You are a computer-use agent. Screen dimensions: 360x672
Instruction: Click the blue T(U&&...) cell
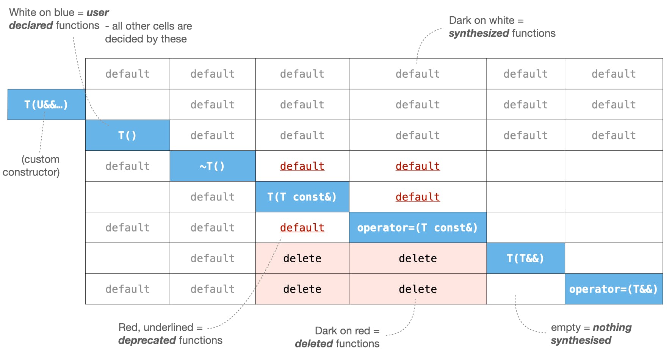46,105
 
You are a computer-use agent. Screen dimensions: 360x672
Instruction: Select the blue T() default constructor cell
127,135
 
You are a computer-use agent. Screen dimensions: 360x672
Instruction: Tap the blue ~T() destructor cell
212,166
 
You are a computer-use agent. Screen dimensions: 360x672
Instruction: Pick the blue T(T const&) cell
302,197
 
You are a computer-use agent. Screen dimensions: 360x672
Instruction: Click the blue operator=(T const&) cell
417,227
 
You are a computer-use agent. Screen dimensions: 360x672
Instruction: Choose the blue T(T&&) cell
525,258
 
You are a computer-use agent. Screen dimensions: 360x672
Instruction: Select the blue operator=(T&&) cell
613,289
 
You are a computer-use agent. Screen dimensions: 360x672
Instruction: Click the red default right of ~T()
302,166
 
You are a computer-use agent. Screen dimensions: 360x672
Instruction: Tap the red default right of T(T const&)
417,197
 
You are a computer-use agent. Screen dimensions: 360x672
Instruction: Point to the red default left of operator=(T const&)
302,227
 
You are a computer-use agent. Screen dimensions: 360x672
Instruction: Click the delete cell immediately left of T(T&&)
417,258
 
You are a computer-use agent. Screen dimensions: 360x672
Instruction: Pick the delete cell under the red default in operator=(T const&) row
302,258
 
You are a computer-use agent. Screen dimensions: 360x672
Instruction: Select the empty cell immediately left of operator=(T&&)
525,289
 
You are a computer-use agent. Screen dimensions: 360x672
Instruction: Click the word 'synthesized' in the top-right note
479,33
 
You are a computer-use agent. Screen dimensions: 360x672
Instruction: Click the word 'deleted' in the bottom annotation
314,344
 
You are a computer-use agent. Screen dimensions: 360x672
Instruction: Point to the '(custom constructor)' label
31,166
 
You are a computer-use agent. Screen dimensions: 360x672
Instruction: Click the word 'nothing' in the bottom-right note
612,327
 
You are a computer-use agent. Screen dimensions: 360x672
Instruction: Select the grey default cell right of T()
212,135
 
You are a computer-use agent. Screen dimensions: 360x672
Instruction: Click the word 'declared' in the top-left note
31,25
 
